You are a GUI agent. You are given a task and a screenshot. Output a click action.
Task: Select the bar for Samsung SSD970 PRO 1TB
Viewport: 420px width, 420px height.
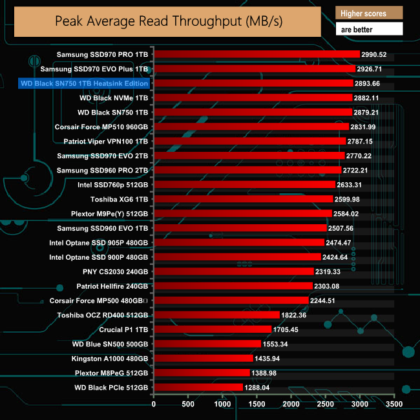(x=257, y=54)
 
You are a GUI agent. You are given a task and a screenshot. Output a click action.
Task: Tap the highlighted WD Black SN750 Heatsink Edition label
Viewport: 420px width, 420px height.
(x=84, y=83)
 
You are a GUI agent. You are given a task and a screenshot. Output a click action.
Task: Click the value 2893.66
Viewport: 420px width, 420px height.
(x=368, y=83)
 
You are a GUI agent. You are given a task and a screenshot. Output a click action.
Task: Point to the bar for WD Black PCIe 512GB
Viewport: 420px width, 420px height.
(x=198, y=387)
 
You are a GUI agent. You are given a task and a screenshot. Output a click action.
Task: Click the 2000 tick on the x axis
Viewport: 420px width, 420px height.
(x=291, y=404)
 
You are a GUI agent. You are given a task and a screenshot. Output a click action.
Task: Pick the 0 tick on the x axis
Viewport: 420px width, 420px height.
(x=154, y=404)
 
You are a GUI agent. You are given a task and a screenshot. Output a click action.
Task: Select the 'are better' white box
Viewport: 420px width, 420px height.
(x=369, y=29)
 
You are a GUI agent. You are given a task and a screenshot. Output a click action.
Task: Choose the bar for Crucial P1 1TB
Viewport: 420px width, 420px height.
(x=213, y=329)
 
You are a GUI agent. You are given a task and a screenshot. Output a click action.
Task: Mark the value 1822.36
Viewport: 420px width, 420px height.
(x=294, y=315)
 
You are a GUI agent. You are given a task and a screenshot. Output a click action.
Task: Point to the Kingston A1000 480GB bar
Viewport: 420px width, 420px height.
(x=203, y=358)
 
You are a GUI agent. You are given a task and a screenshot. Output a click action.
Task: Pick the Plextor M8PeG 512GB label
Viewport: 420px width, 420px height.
(x=111, y=373)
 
